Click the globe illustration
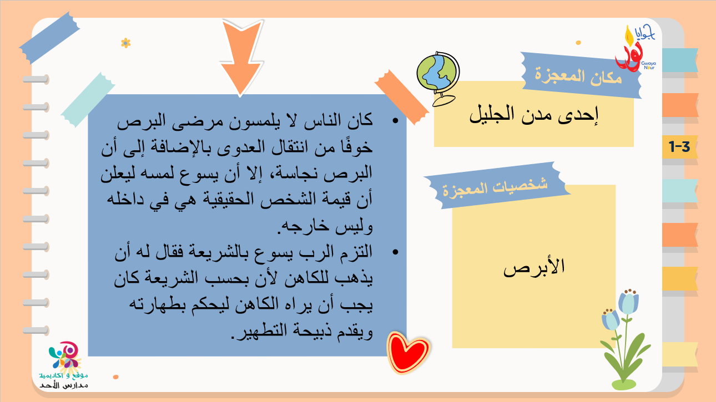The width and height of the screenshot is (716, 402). (x=438, y=78)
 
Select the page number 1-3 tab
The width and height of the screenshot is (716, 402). (x=679, y=147)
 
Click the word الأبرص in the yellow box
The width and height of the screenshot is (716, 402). (x=534, y=268)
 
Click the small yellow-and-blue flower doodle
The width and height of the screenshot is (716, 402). (x=125, y=43)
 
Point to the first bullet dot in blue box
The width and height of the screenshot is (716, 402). (x=395, y=120)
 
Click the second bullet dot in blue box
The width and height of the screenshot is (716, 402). (x=395, y=252)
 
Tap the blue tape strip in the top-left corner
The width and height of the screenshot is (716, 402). (x=49, y=38)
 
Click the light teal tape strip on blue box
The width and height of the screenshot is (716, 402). (x=88, y=100)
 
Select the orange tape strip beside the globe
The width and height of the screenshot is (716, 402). (x=402, y=97)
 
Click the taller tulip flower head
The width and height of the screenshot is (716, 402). (x=628, y=302)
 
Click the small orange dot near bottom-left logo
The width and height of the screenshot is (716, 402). (x=115, y=377)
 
